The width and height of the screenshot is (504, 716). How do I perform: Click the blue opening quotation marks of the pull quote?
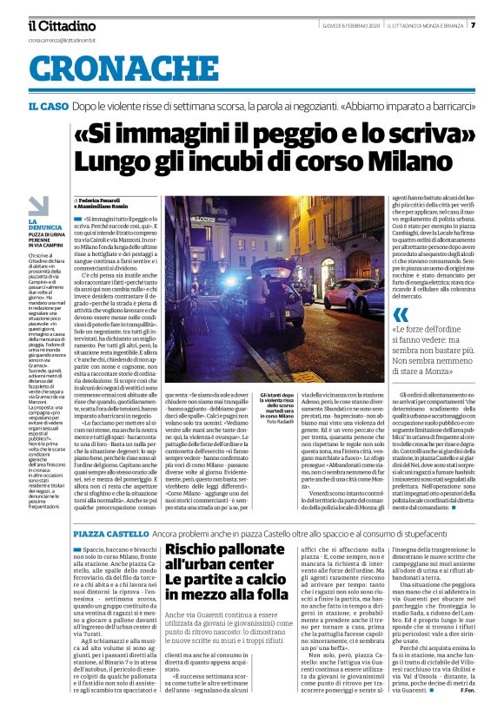pyautogui.click(x=376, y=315)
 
